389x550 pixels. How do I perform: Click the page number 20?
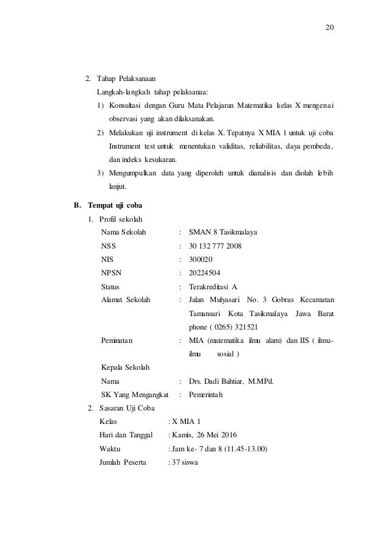(332, 29)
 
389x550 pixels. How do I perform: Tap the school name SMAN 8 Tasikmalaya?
(223, 232)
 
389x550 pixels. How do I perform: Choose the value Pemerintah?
(207, 395)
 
